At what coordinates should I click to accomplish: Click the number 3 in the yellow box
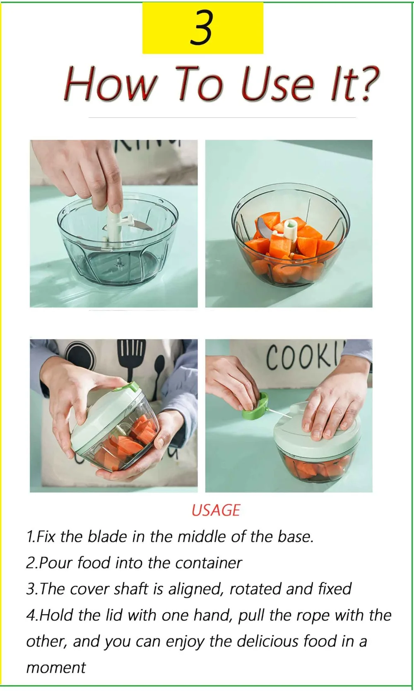pos(202,27)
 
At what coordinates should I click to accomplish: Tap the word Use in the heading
pos(277,84)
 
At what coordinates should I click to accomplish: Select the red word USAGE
pos(216,511)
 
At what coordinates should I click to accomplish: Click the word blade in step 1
pos(107,536)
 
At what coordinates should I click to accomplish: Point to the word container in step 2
pos(209,563)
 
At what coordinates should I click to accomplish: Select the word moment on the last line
pos(56,668)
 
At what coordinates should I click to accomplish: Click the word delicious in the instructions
pos(267,642)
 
